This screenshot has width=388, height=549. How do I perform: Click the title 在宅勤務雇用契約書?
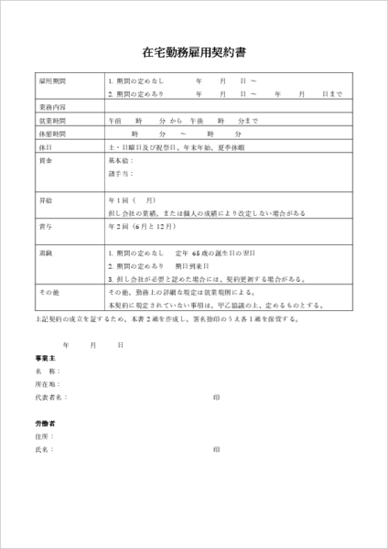(x=194, y=53)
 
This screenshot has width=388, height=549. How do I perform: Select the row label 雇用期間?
(x=51, y=81)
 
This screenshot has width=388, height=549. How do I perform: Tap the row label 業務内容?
(x=51, y=107)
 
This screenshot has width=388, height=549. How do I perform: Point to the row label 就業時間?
(x=51, y=120)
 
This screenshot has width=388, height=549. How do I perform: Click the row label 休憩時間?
(x=51, y=133)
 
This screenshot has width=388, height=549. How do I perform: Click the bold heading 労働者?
(x=45, y=425)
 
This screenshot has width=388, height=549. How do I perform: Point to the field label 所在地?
(x=48, y=385)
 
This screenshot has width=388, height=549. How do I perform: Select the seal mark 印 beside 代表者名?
(x=216, y=398)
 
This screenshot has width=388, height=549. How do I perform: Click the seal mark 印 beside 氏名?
(x=216, y=450)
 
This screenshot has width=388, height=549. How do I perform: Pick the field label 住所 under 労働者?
(x=43, y=437)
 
